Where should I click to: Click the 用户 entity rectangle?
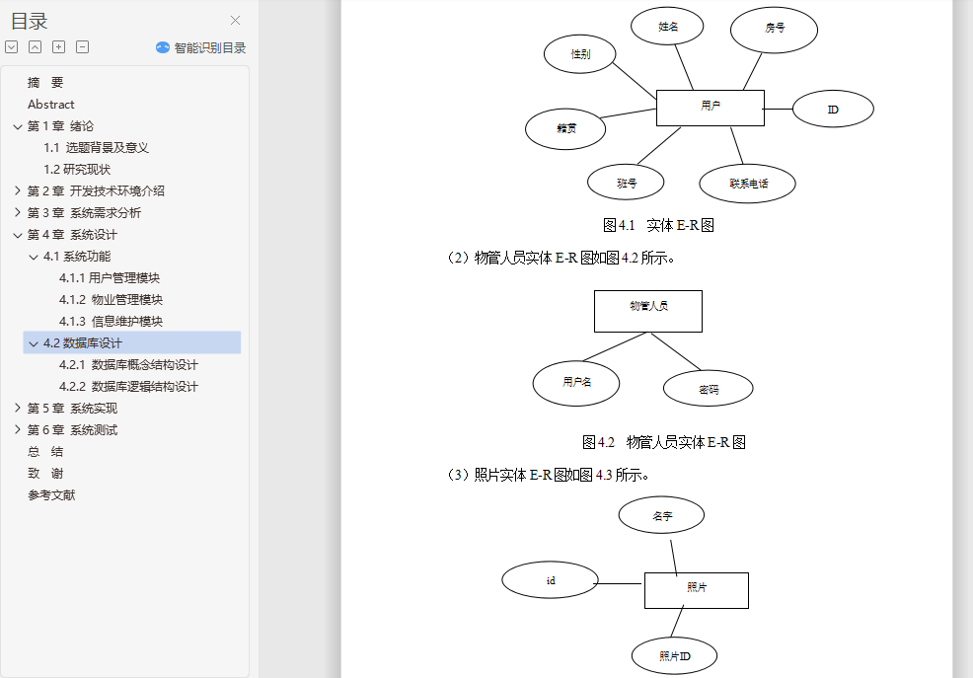tap(710, 108)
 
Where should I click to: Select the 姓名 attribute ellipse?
tap(667, 27)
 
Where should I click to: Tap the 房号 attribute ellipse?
tap(774, 30)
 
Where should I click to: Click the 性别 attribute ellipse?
tap(580, 54)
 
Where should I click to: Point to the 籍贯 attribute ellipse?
tap(565, 128)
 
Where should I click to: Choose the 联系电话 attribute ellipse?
tap(747, 183)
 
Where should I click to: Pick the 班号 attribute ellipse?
tap(626, 183)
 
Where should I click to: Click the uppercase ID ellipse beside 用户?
tap(833, 109)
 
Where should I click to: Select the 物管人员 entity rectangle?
tap(647, 311)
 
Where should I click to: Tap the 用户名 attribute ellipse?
tap(576, 383)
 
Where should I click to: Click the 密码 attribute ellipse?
tap(708, 389)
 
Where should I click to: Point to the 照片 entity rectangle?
tap(696, 590)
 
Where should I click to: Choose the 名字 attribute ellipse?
tap(661, 515)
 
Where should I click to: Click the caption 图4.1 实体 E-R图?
tap(658, 225)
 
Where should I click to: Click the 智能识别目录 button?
tap(201, 47)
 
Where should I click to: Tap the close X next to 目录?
tap(235, 21)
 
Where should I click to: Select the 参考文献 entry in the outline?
tap(51, 495)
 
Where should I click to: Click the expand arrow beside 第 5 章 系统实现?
tap(17, 409)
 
